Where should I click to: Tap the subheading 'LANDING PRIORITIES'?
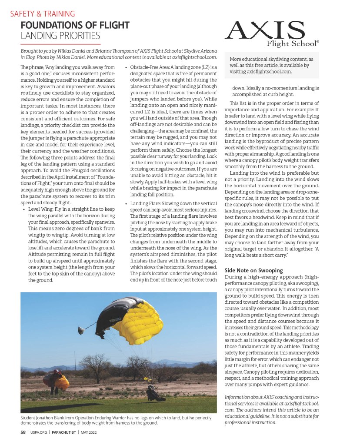pos(60,36)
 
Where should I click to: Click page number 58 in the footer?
pos(23,432)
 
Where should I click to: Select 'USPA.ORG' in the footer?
pos(38,432)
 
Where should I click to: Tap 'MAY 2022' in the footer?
pos(89,432)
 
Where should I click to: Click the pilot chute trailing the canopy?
pos(80,331)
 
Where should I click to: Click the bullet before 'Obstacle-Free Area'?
pos(126,67)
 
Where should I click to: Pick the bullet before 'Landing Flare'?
pos(126,203)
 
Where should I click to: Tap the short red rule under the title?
pos(60,44)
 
